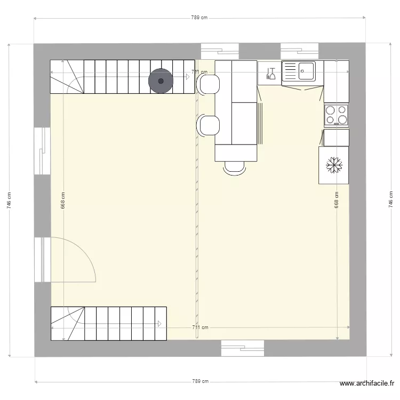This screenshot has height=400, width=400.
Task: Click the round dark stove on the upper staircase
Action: pos(160,81)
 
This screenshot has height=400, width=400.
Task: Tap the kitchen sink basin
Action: pos(306,70)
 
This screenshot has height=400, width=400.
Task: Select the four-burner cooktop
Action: pos(336,115)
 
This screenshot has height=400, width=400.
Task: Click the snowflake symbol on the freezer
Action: pos(334,165)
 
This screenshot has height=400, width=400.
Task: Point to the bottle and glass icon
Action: pos(270,73)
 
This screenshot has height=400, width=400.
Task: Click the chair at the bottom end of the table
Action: pos(235,167)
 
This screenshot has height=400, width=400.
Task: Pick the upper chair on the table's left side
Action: pos(208,84)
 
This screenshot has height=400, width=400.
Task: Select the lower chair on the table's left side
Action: pos(208,125)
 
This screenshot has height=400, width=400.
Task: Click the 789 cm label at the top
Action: pos(199,18)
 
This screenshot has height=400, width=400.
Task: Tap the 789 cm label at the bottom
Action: pos(199,381)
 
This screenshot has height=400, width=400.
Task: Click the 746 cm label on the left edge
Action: pos(9,200)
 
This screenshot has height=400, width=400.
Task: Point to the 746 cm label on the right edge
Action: pos(390,200)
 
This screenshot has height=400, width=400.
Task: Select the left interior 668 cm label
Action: pos(63,200)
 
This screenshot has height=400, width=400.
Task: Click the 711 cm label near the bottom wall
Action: pos(199,327)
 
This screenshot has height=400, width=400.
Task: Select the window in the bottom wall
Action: pos(243,349)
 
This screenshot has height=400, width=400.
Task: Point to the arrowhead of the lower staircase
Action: pos(160,323)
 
